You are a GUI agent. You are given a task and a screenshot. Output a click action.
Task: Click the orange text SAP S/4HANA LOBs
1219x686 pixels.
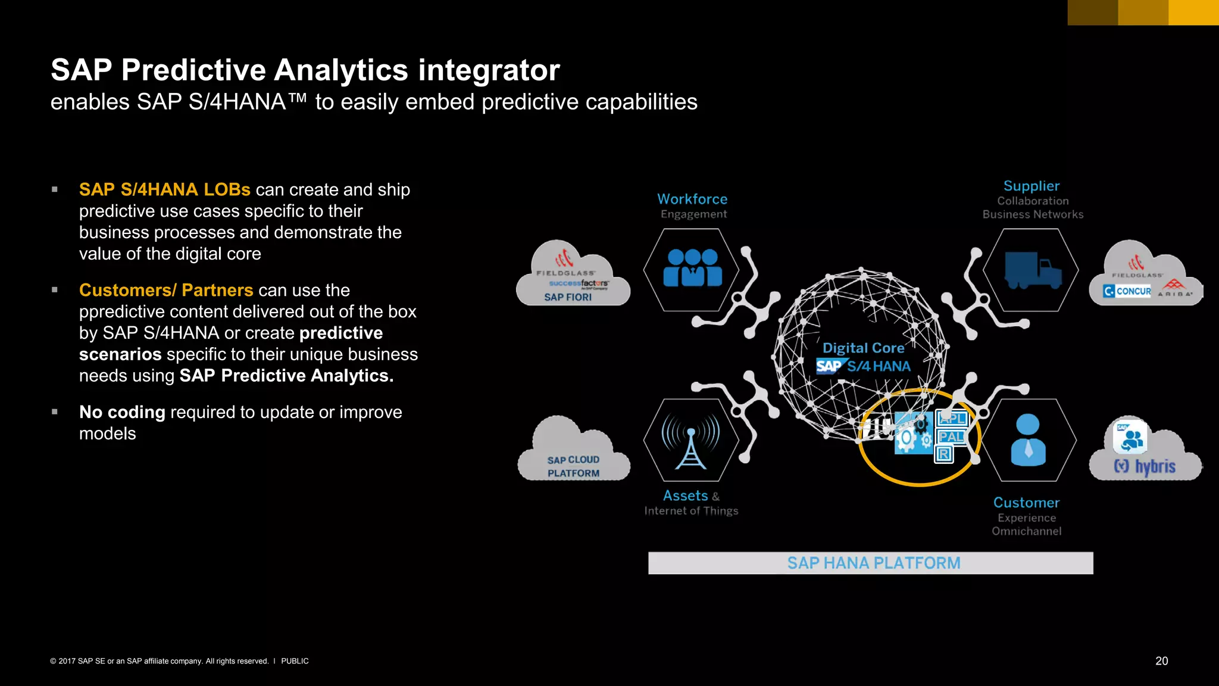click(164, 189)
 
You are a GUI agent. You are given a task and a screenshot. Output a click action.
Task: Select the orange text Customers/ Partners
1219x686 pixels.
click(166, 290)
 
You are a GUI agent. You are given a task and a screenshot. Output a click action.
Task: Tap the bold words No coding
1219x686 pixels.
click(122, 412)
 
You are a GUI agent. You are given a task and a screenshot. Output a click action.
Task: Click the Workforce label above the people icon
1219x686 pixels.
click(692, 199)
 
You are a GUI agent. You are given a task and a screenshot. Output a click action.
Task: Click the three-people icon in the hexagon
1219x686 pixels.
click(692, 269)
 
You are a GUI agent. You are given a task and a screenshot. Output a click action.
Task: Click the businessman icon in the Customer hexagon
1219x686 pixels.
click(1027, 440)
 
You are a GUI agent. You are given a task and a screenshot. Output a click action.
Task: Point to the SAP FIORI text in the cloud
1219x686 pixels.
click(568, 297)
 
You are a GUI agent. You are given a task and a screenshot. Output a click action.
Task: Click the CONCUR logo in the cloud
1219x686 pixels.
click(1127, 291)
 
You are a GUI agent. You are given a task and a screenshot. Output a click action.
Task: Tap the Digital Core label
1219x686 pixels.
click(863, 348)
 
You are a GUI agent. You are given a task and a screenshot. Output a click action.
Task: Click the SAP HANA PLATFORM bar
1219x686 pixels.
click(870, 563)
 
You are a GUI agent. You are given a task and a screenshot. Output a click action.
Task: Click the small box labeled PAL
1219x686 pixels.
click(951, 436)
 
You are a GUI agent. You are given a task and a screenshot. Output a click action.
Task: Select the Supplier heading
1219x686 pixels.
click(1031, 186)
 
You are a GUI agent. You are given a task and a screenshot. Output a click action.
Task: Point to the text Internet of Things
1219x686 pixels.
click(691, 511)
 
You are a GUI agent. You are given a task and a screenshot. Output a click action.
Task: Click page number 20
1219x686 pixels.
click(1161, 661)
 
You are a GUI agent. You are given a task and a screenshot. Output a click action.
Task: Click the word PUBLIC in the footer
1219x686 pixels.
click(295, 661)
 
